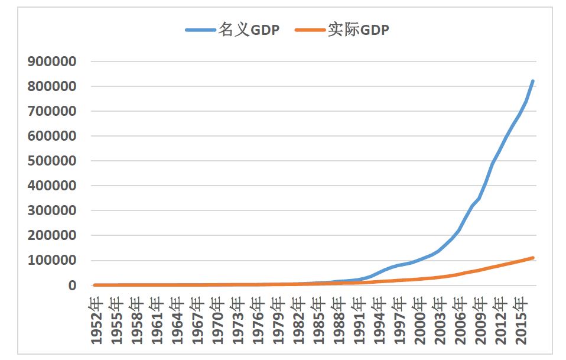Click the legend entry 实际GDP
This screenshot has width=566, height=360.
coord(359,30)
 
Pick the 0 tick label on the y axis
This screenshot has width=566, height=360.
coord(72,286)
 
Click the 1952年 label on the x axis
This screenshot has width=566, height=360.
coord(96,319)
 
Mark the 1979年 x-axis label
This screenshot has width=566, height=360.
coord(278,319)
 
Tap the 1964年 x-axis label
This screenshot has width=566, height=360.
coord(177,319)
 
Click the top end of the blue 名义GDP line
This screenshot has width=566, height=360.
coord(533,81)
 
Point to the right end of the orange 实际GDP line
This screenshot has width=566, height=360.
coord(533,258)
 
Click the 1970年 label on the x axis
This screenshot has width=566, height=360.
coord(217,319)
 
